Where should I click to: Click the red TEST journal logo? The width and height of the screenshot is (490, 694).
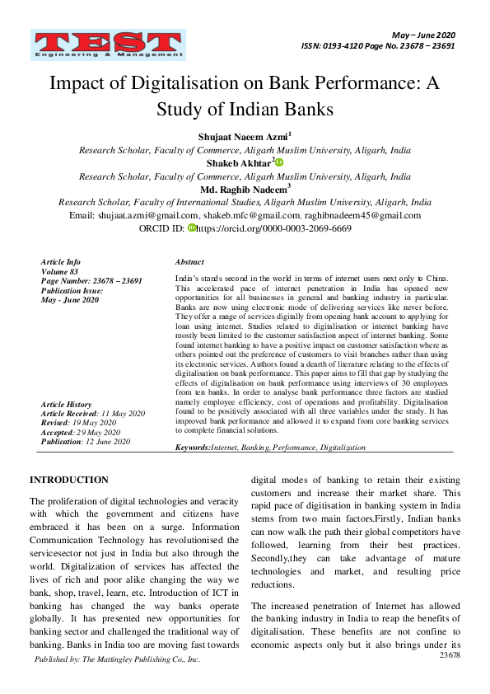click(x=109, y=46)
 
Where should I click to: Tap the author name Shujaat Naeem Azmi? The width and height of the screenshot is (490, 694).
click(x=242, y=135)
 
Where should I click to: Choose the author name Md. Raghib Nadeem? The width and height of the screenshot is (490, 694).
click(x=242, y=189)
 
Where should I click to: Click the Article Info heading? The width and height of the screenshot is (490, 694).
click(x=61, y=261)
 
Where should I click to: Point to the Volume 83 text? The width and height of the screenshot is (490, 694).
click(x=59, y=271)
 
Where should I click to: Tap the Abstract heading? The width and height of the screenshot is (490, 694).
click(x=189, y=261)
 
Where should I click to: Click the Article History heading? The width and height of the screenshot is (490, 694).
click(x=67, y=404)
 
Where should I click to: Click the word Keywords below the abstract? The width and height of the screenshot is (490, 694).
click(x=193, y=447)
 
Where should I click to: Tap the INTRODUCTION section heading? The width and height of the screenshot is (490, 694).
click(x=68, y=480)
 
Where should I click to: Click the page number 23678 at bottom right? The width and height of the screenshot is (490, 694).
click(x=450, y=654)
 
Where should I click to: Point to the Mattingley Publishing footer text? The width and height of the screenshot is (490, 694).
click(x=117, y=659)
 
